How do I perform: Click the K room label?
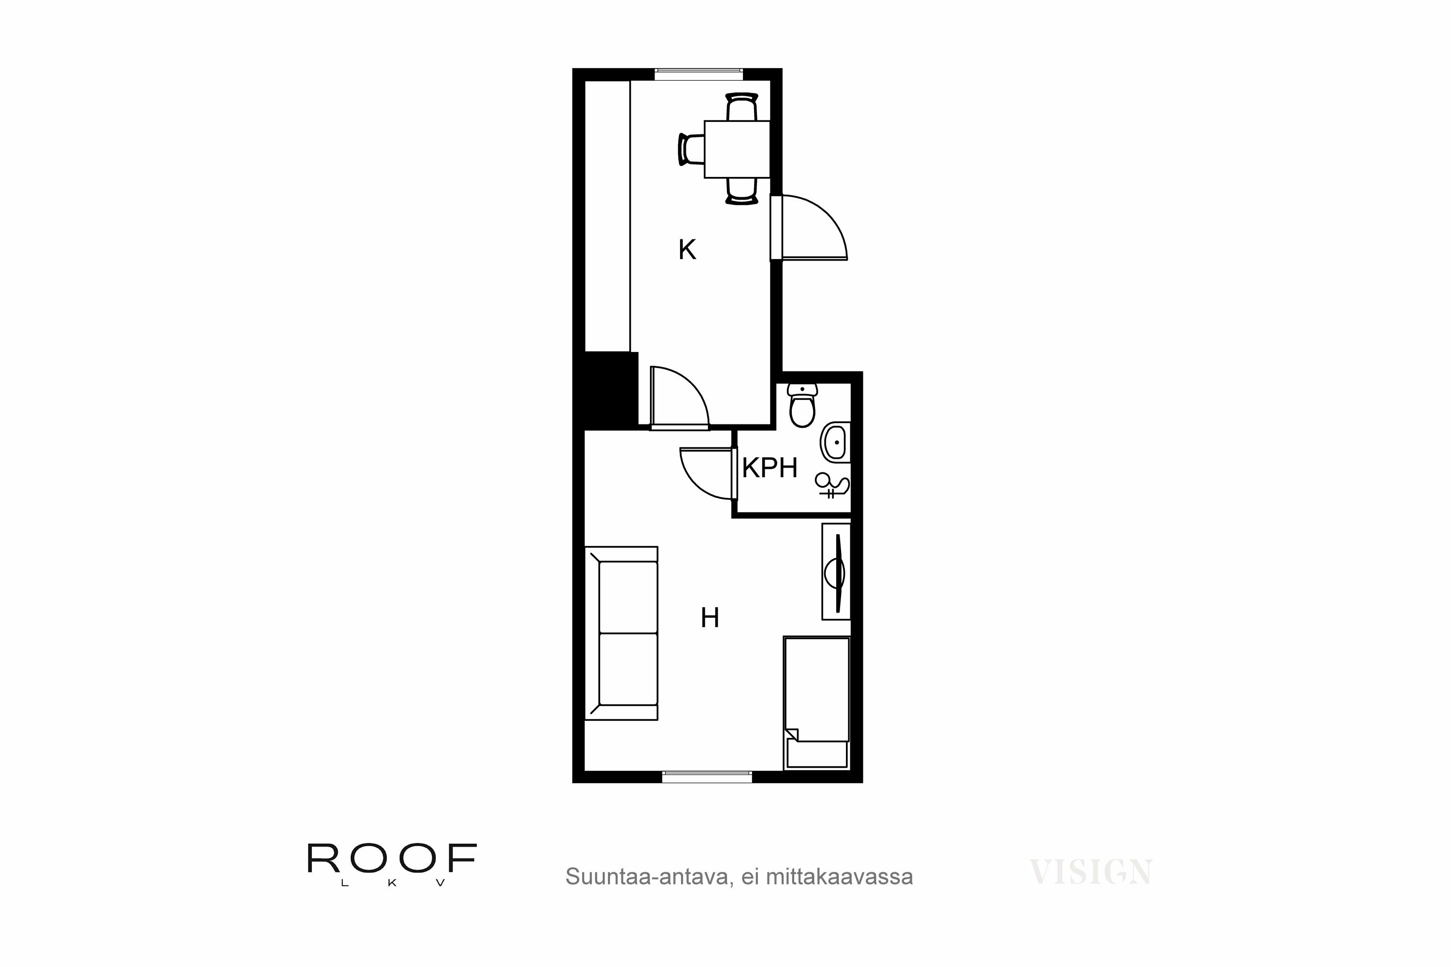(x=687, y=250)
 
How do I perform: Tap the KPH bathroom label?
(x=770, y=469)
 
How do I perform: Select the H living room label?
(x=710, y=618)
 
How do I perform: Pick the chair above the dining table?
(x=741, y=107)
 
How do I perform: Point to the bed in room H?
(x=816, y=703)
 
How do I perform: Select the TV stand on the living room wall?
(x=836, y=571)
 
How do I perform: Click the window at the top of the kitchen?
(x=698, y=74)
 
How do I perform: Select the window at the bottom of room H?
(x=707, y=777)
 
